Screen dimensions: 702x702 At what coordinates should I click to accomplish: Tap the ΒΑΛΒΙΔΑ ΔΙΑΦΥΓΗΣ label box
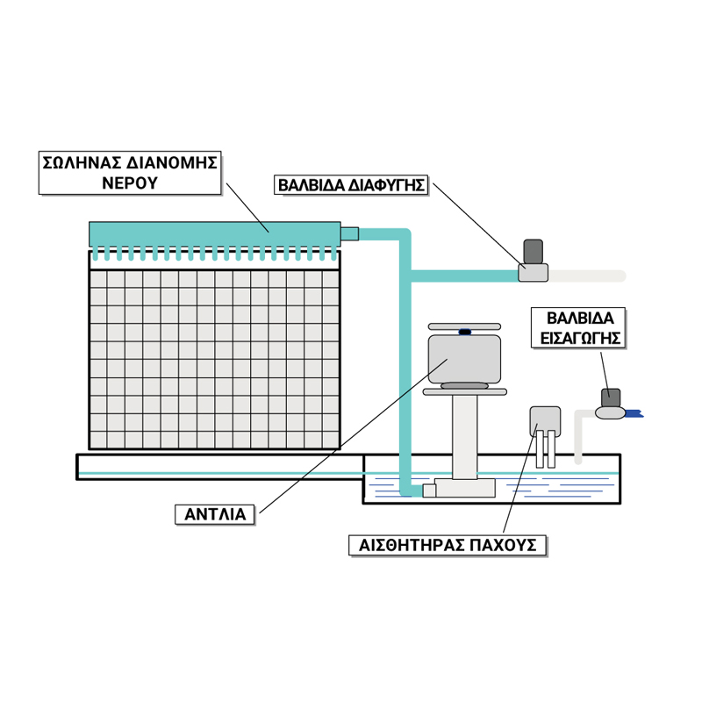point(352,185)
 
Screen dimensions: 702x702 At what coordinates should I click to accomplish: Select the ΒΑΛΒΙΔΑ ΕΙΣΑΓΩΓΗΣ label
point(578,327)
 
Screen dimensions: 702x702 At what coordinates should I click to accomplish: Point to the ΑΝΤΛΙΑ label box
point(215,514)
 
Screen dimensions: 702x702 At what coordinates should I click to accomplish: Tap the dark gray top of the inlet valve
point(611,397)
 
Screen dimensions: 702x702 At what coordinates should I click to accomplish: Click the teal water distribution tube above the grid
point(214,233)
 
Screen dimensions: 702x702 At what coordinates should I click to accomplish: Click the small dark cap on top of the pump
point(465,333)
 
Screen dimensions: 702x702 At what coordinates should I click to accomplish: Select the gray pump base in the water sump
point(464,488)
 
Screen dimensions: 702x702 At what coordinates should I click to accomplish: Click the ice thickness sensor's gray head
point(545,419)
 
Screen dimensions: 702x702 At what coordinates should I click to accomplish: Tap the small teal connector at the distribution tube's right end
point(349,233)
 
